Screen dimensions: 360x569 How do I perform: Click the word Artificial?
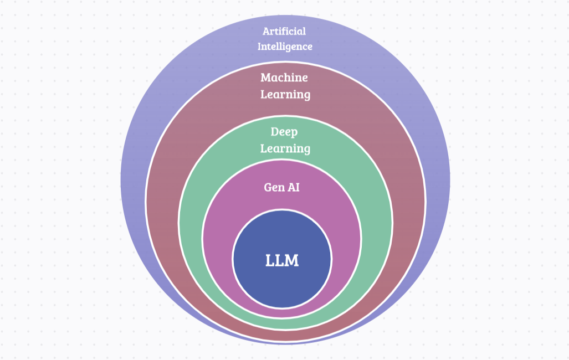click(x=284, y=31)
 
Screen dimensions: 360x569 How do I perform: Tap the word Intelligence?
click(x=285, y=47)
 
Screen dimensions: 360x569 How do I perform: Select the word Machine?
click(x=284, y=78)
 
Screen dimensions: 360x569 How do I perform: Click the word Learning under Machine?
click(x=285, y=95)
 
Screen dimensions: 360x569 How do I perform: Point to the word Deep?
click(x=284, y=132)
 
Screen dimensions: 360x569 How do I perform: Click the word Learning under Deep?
click(x=285, y=148)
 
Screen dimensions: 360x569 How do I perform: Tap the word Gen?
click(x=273, y=187)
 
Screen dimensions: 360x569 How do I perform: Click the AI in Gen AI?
click(x=293, y=187)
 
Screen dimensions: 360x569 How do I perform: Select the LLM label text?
click(x=282, y=260)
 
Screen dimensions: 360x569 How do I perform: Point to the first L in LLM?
click(x=270, y=260)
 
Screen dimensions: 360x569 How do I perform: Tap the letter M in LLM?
click(x=293, y=260)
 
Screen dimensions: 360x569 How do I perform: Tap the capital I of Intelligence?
click(x=259, y=47)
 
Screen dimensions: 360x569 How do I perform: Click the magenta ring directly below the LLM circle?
click(x=282, y=313)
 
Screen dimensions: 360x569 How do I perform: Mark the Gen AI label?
click(x=282, y=187)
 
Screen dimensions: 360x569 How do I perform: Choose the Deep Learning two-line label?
click(x=285, y=140)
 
